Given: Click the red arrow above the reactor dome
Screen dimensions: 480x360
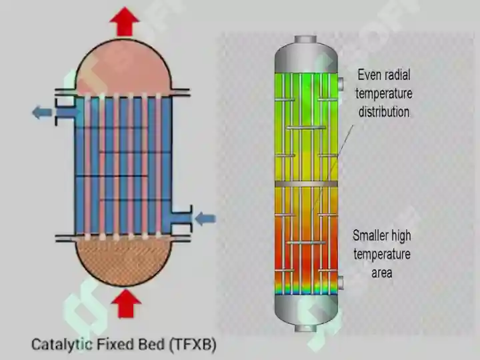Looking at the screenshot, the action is point(125,21).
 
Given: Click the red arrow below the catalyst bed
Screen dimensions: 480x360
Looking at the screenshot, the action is point(126,304).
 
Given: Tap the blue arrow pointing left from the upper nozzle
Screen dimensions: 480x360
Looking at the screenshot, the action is point(42,113).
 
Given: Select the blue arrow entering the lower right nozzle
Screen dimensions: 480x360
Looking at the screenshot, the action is point(205,219).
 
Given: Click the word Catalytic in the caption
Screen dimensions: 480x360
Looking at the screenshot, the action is point(62,345).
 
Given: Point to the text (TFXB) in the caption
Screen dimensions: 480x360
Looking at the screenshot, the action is point(193,345).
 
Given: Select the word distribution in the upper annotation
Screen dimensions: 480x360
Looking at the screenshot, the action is point(384,112).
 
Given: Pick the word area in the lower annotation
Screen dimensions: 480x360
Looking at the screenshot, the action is point(382,273).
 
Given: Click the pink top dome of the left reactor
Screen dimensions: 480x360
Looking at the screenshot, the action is point(123,68).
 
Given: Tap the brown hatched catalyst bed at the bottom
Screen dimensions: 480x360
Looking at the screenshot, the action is point(123,261).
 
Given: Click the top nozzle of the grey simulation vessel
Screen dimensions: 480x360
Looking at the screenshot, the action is point(305,39).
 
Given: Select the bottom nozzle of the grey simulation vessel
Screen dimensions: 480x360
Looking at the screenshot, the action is point(305,328).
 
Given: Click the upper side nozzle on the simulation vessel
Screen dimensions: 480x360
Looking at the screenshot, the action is point(340,84).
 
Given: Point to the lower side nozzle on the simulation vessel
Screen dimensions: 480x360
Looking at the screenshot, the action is point(340,283).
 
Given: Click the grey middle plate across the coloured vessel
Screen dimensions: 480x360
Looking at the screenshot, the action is point(306,184).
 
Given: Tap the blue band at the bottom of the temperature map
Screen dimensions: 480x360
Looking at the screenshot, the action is point(306,290).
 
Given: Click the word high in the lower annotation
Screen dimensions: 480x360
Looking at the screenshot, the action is point(401,236).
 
